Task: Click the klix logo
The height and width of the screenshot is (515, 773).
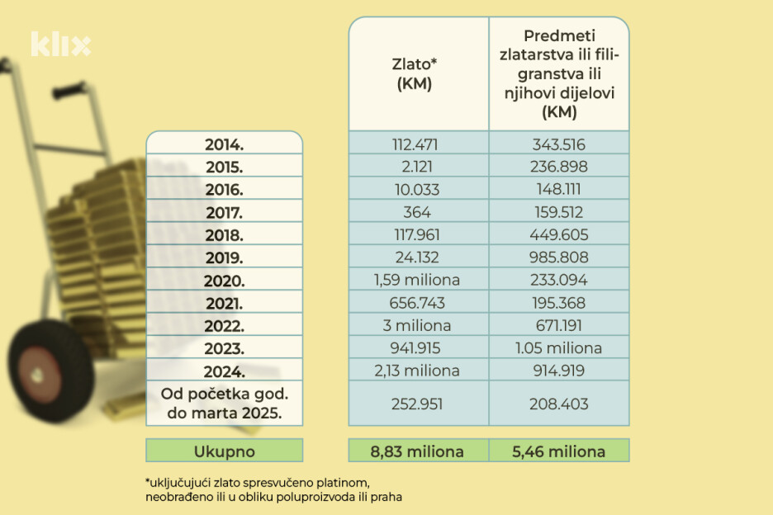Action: tap(60, 44)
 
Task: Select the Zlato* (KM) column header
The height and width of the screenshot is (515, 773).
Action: tap(418, 73)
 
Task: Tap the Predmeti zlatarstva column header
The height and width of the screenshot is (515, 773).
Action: tap(560, 73)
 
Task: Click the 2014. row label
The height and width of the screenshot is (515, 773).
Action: tap(225, 144)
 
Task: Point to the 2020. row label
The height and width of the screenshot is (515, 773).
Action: tap(225, 280)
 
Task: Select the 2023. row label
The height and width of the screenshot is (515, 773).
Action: tap(225, 347)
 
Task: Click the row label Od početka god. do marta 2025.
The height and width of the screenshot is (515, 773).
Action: tap(225, 404)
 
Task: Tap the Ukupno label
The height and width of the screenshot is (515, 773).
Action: tap(225, 451)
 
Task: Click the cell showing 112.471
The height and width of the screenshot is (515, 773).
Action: tap(418, 144)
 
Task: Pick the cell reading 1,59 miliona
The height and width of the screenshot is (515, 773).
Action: tap(418, 280)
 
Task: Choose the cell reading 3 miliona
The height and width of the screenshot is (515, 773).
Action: tap(418, 325)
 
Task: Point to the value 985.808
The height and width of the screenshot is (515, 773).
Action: tap(560, 257)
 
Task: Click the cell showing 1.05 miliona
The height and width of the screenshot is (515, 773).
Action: tap(560, 347)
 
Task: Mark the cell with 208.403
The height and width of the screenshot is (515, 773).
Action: tap(560, 404)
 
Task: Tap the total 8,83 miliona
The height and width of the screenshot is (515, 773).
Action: tap(418, 451)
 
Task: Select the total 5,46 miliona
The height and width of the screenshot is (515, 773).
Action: tap(560, 451)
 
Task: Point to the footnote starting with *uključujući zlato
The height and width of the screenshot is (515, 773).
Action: tap(273, 488)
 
